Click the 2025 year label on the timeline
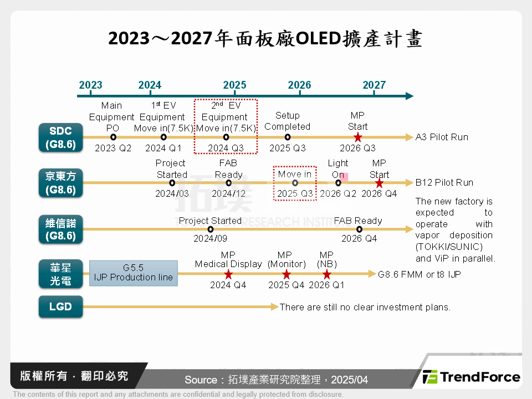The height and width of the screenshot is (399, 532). coord(234,85)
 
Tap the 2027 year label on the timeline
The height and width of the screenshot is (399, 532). coord(374,85)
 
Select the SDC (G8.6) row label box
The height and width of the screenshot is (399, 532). coord(60,137)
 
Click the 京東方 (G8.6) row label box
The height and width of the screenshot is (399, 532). coord(60,183)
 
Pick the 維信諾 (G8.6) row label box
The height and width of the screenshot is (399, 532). coord(60,229)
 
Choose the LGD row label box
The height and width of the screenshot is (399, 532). coord(60,306)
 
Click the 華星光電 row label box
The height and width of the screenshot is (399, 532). coord(60,274)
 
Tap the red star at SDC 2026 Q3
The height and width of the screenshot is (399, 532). coord(357,137)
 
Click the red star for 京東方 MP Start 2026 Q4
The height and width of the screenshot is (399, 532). coord(379,183)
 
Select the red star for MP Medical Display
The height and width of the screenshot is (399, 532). coord(228,274)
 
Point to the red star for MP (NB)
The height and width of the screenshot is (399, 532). coord(326,274)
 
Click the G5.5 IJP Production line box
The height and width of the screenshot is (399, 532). coord(133,273)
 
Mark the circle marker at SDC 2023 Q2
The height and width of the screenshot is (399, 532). coord(113,137)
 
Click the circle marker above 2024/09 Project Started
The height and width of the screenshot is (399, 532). coord(210,229)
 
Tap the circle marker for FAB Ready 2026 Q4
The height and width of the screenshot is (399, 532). coord(359,229)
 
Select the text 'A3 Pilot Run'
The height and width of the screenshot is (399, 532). coord(442,137)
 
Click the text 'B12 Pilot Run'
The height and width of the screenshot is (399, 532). coord(444,182)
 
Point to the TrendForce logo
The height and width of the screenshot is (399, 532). coord(472,377)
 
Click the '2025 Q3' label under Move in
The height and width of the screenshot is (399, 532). coord(295,193)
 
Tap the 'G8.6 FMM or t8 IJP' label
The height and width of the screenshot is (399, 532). coord(419,274)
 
